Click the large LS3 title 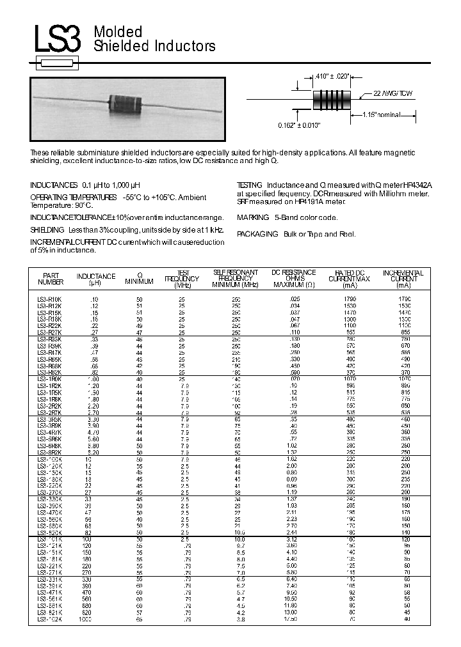click(58, 39)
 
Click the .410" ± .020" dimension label click(332, 76)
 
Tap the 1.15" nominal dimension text click(381, 114)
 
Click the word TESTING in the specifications click(250, 184)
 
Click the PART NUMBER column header click(51, 277)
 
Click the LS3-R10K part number click(50, 299)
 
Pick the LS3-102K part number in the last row click(50, 619)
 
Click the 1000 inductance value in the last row click(94, 619)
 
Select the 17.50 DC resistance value click(291, 619)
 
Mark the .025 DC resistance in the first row click(294, 299)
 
